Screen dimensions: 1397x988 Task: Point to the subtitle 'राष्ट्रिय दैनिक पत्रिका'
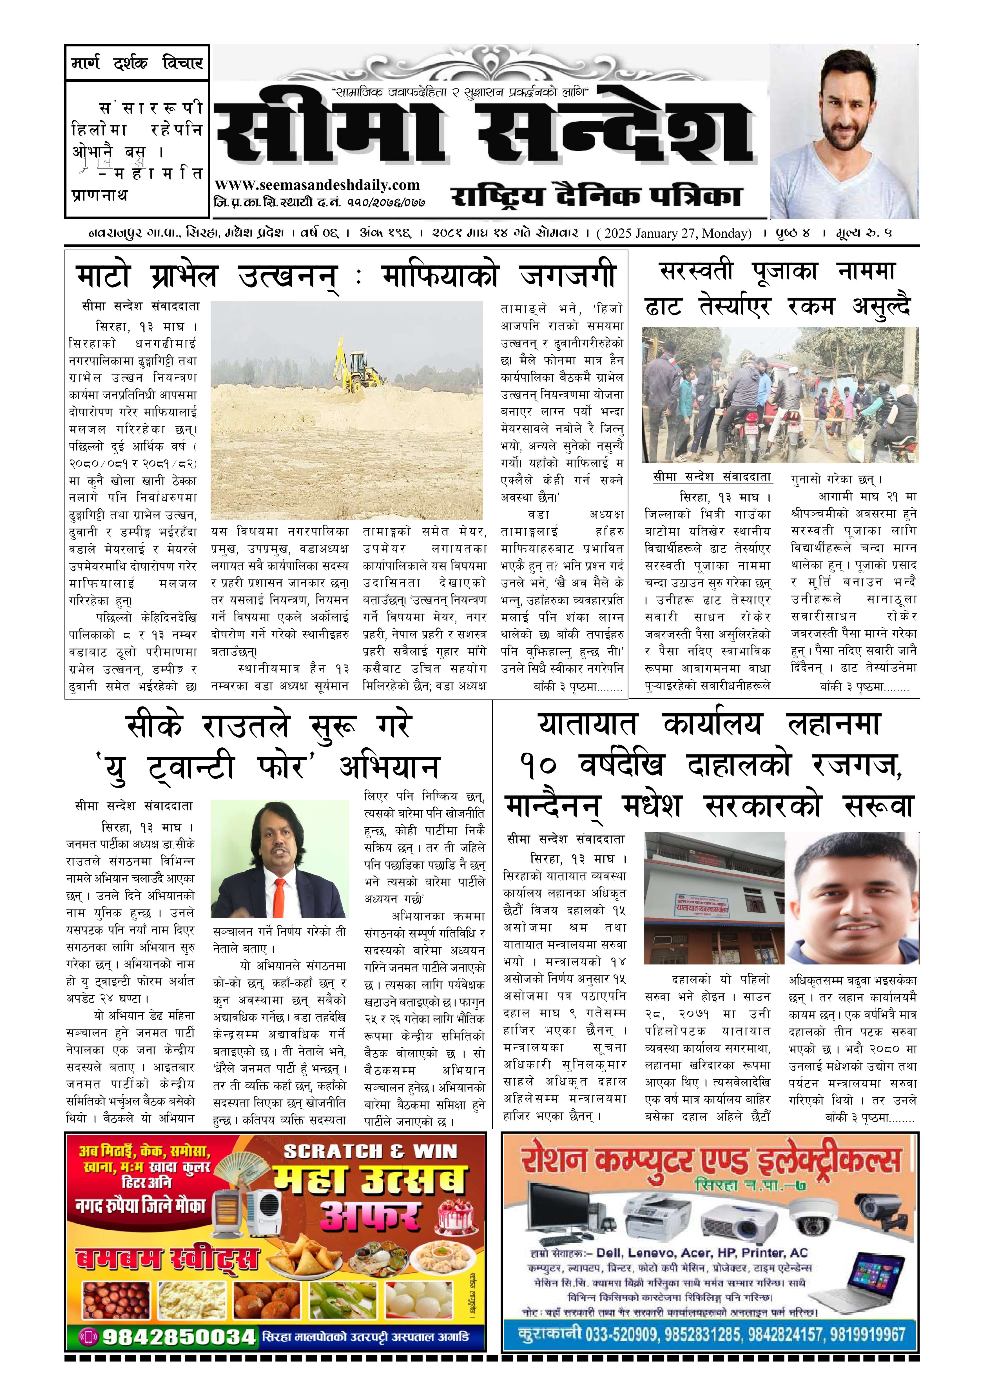click(596, 196)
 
